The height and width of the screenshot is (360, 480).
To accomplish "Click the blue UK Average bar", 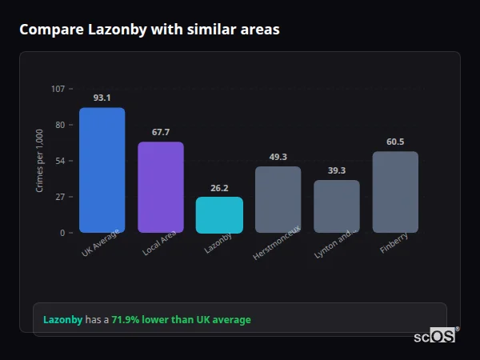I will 102,170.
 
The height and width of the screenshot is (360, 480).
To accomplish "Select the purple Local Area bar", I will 161,187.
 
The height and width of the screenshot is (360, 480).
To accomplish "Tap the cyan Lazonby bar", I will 219,215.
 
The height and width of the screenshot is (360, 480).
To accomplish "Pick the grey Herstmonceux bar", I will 278,200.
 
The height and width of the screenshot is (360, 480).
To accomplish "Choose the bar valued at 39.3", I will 337,206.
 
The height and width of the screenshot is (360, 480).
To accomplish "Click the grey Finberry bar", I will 395,192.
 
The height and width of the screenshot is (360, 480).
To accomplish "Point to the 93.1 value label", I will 102,98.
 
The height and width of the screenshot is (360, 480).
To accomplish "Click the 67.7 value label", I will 161,132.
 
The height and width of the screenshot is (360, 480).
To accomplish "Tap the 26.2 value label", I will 219,188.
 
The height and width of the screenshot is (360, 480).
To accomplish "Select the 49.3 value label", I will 278,157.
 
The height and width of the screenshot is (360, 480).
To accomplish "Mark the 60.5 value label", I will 395,142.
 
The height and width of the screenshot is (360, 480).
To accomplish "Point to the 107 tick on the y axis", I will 58,89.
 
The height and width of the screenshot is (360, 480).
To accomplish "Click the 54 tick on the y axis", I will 60,161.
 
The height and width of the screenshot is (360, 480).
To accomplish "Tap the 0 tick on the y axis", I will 62,233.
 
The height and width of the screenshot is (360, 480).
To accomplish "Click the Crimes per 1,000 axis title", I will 40,161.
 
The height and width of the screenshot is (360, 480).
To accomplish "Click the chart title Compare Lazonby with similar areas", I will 150,30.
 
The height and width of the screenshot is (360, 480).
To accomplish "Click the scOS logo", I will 434,336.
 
